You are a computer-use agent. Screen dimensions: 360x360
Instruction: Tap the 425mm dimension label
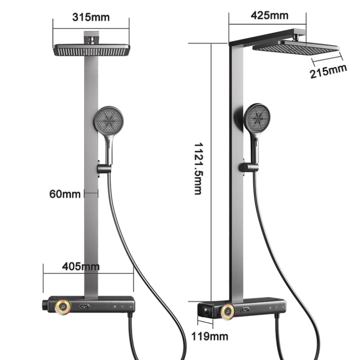click(x=269, y=15)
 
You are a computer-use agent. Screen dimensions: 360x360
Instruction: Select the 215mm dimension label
click(x=328, y=72)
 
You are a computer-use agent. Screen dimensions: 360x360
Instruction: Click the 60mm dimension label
click(x=65, y=194)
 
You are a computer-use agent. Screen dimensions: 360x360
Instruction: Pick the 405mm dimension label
click(x=81, y=266)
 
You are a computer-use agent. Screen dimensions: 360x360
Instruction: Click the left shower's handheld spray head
click(x=110, y=120)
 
